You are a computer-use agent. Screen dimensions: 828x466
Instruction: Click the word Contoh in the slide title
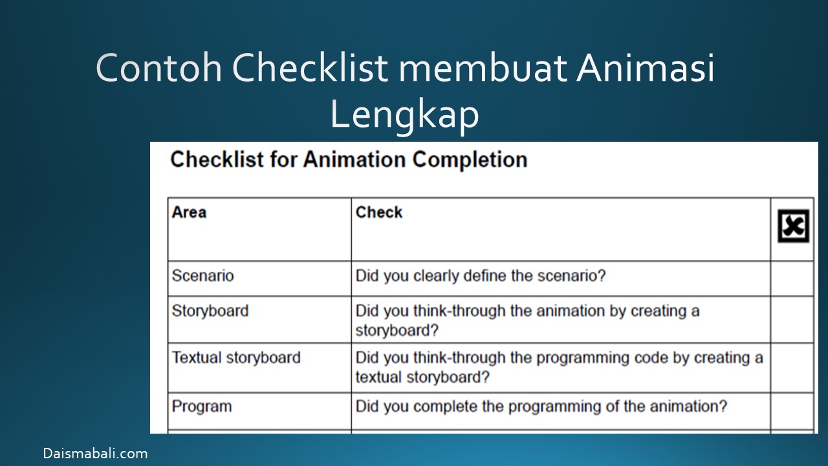pyautogui.click(x=158, y=67)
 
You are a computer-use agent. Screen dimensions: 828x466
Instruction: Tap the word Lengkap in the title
pyautogui.click(x=404, y=114)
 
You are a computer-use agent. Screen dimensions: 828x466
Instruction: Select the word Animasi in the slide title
pyautogui.click(x=646, y=67)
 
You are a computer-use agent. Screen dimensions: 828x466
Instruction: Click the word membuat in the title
pyautogui.click(x=483, y=67)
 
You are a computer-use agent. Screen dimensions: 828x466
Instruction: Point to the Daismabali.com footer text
pyautogui.click(x=95, y=453)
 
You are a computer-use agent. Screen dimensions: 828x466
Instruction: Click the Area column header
pyautogui.click(x=189, y=212)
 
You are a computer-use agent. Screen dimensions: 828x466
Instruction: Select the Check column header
pyautogui.click(x=378, y=212)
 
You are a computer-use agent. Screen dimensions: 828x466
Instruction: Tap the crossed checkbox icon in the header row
pyautogui.click(x=793, y=226)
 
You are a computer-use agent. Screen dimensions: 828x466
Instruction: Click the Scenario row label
pyautogui.click(x=202, y=276)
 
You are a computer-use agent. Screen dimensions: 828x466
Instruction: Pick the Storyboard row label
pyautogui.click(x=210, y=311)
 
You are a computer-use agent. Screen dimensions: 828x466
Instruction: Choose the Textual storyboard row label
pyautogui.click(x=236, y=358)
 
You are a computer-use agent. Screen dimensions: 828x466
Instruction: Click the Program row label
pyautogui.click(x=202, y=406)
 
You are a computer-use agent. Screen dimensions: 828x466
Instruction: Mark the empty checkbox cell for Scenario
pyautogui.click(x=792, y=278)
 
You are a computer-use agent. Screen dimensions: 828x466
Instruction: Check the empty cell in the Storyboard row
pyautogui.click(x=792, y=320)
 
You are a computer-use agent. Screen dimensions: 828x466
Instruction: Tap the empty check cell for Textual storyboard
pyautogui.click(x=792, y=368)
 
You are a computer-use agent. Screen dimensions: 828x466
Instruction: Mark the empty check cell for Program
pyautogui.click(x=792, y=411)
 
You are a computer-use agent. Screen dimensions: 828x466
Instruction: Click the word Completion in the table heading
pyautogui.click(x=470, y=160)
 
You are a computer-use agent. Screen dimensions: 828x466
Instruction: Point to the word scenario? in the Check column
pyautogui.click(x=571, y=276)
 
